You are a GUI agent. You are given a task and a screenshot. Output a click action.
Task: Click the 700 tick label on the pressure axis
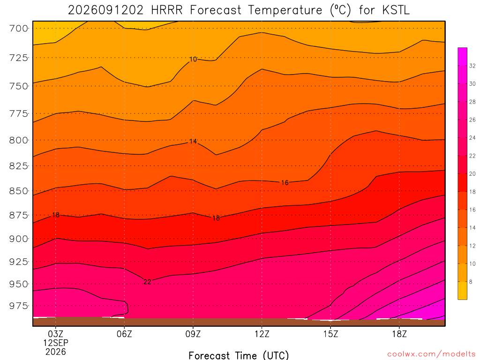tap(18, 29)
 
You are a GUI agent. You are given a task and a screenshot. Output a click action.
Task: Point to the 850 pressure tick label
tap(18, 191)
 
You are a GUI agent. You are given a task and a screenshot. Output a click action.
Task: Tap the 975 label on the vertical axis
tap(18, 306)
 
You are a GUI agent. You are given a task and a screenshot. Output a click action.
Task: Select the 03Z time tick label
tap(56, 334)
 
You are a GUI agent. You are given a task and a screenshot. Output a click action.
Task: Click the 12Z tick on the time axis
tap(262, 334)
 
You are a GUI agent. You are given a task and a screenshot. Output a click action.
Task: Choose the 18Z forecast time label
tap(399, 334)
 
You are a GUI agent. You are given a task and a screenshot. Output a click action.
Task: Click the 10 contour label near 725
tap(193, 59)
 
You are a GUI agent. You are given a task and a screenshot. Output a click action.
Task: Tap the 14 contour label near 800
tap(193, 142)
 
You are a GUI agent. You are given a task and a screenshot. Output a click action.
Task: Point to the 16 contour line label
tap(285, 183)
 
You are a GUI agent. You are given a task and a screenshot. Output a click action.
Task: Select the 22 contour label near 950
tap(147, 282)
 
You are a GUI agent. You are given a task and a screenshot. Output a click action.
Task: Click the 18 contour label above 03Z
tap(56, 215)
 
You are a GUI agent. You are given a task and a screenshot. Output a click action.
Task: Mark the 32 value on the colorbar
tap(472, 66)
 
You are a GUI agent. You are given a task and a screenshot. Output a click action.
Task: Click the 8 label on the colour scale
tap(471, 282)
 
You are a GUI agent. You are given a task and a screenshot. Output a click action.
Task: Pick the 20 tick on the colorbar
tap(472, 174)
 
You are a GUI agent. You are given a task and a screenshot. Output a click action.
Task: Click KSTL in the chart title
tap(396, 10)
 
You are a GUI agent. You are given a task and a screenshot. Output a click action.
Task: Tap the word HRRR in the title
tap(166, 10)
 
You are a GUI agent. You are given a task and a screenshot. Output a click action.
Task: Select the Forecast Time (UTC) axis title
tap(239, 355)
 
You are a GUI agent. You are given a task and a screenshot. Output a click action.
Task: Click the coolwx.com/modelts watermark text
tap(431, 354)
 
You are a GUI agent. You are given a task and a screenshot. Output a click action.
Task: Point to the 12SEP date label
tap(56, 343)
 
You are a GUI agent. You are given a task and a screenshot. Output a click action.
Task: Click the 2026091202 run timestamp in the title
tap(105, 10)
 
